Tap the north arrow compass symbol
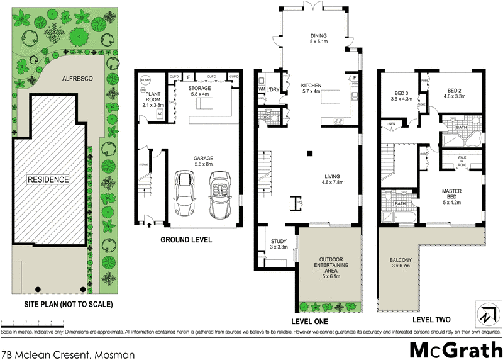(485, 315)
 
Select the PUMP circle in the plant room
(146, 81)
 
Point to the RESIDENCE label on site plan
(47, 179)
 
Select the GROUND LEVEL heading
(186, 240)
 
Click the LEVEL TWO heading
(431, 320)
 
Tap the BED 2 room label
(455, 93)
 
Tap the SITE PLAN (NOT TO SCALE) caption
(59, 305)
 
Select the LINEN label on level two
(391, 124)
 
